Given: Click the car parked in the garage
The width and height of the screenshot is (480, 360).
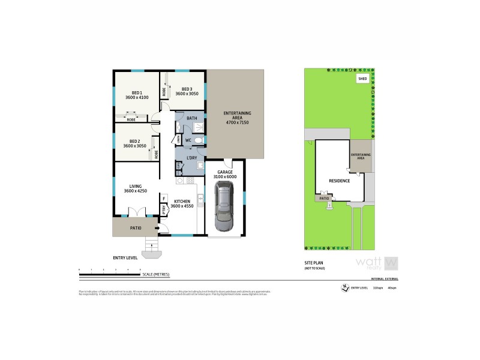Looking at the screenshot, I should pyautogui.click(x=224, y=208).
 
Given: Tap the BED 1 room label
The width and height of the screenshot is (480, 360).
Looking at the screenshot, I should pyautogui.click(x=137, y=94).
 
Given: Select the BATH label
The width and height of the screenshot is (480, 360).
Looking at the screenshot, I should pyautogui.click(x=191, y=118).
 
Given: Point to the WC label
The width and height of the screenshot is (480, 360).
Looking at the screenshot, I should pyautogui.click(x=188, y=140).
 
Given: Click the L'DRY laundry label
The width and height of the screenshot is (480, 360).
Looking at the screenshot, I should pyautogui.click(x=192, y=158).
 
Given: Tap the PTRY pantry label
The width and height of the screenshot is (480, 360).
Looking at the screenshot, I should pyautogui.click(x=164, y=209).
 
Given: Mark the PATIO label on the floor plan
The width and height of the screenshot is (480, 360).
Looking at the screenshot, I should pyautogui.click(x=136, y=227).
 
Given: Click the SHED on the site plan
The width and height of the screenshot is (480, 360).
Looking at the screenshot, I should pyautogui.click(x=362, y=78).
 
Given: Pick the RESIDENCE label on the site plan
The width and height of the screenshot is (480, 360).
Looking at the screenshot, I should pyautogui.click(x=339, y=180).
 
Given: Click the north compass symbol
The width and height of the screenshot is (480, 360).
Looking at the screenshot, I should pyautogui.click(x=344, y=287).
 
